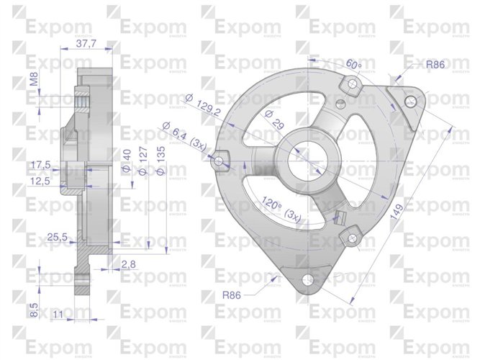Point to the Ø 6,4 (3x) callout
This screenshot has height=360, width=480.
tap(190, 135)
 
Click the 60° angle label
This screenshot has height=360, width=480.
tap(353, 64)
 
